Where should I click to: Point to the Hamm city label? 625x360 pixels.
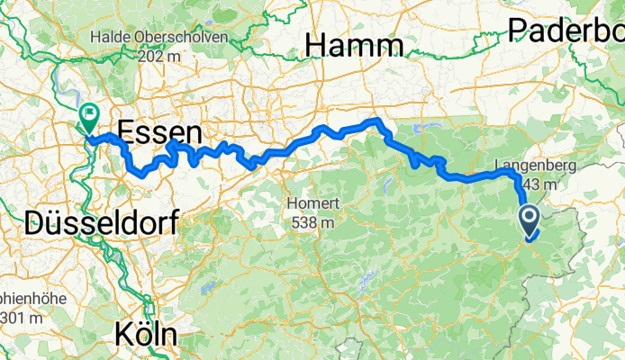[353, 45]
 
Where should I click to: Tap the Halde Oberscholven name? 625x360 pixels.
[159, 36]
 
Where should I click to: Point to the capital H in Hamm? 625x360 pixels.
[316, 45]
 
